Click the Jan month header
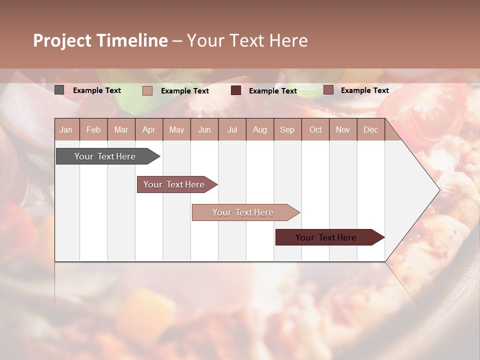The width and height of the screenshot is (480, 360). (66, 129)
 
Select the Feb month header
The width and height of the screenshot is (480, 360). (93, 129)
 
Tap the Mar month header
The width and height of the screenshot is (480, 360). (121, 129)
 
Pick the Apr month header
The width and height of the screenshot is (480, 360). (149, 129)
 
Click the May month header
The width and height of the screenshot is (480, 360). (176, 129)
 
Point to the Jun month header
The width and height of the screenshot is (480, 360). (204, 129)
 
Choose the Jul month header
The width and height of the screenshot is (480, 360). (232, 129)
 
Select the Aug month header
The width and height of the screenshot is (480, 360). (260, 129)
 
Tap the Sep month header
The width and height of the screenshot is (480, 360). (287, 129)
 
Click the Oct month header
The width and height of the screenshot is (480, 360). (315, 129)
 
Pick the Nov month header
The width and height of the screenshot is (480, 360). (343, 129)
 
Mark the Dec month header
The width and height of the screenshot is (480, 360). (370, 129)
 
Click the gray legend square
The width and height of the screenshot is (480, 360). (59, 90)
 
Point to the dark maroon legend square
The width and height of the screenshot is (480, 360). (236, 90)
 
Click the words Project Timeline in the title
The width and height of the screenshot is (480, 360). (100, 40)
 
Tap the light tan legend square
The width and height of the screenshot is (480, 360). (147, 90)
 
